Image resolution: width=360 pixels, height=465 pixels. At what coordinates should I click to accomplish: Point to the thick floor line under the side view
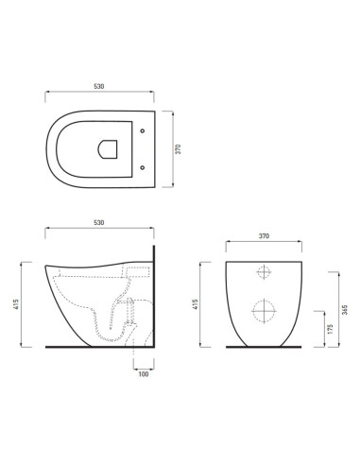pyautogui.click(x=94, y=348)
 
